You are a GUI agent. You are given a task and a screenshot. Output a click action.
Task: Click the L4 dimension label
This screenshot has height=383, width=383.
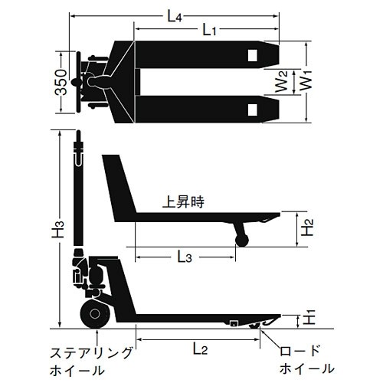click(175, 13)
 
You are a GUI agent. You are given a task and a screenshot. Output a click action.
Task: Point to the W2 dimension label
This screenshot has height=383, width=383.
click(283, 80)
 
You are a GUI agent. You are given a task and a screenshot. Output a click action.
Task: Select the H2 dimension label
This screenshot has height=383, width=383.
click(306, 228)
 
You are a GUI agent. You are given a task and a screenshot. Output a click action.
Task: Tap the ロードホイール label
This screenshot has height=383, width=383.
click(307, 362)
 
